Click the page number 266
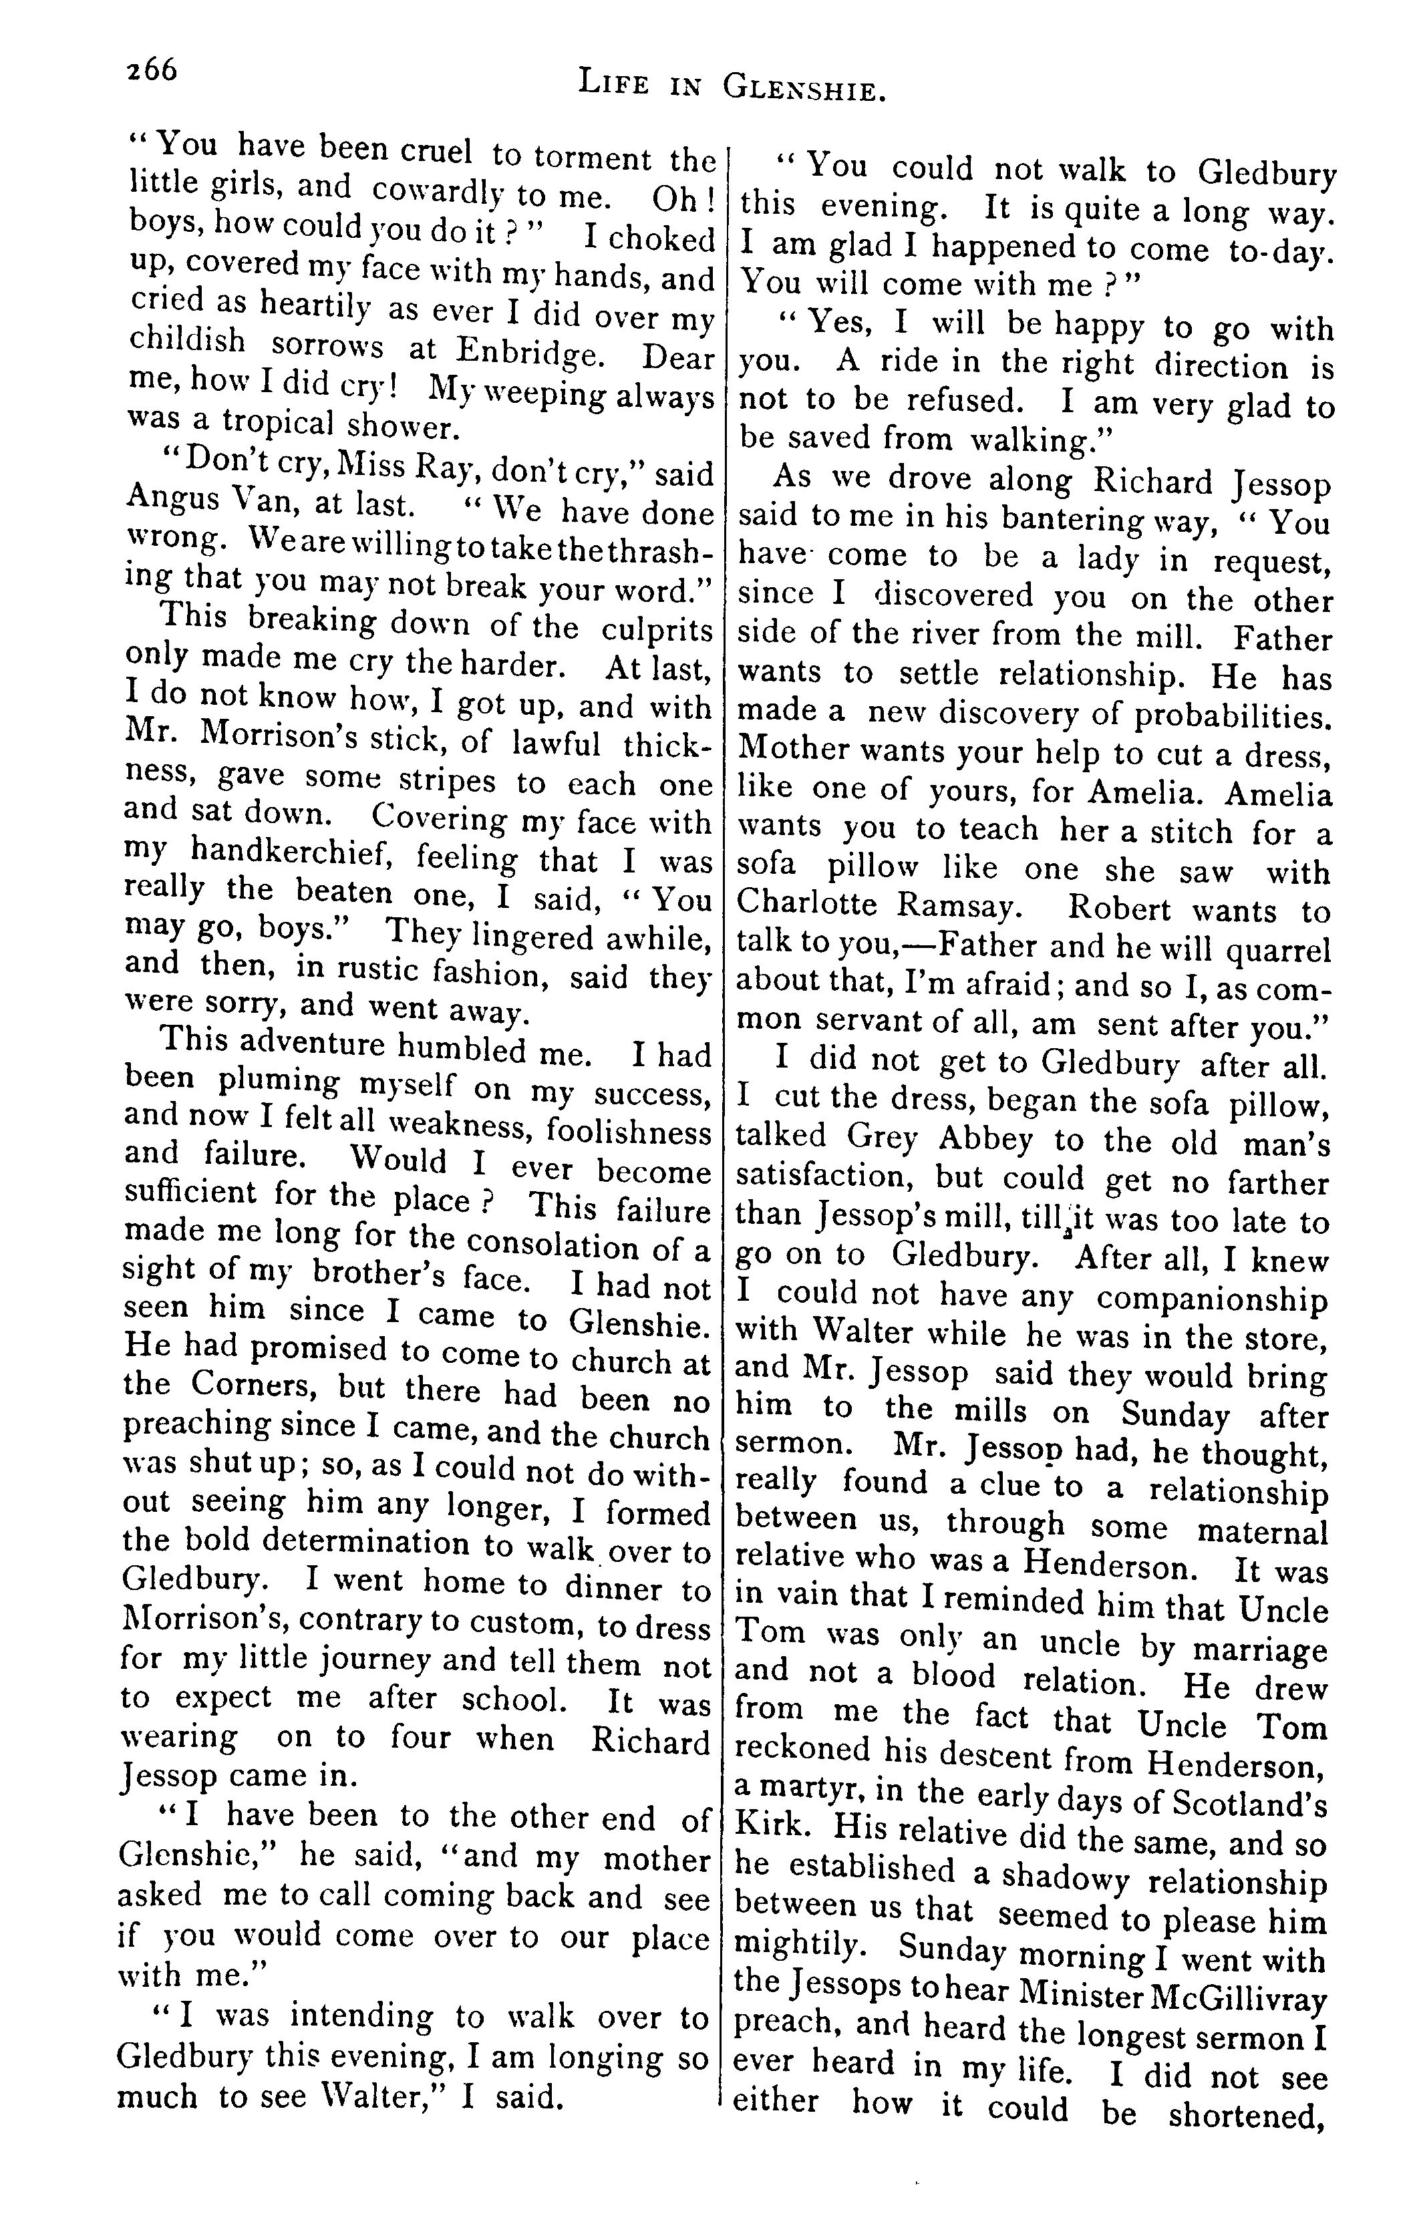152,69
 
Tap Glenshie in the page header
800,88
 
